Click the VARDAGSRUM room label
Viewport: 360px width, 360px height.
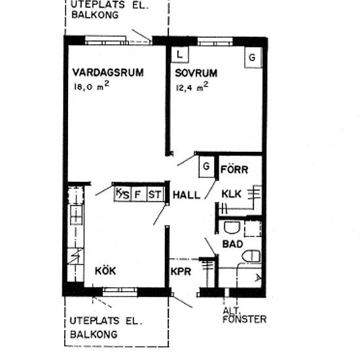pyautogui.click(x=108, y=73)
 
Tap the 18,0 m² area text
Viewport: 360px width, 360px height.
pyautogui.click(x=92, y=86)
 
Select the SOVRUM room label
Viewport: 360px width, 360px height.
pyautogui.click(x=196, y=73)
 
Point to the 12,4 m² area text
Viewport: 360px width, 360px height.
pyautogui.click(x=192, y=87)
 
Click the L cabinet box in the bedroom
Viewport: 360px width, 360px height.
pyautogui.click(x=180, y=54)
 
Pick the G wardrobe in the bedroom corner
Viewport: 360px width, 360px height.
pyautogui.click(x=253, y=57)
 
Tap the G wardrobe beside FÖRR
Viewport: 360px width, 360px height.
pyautogui.click(x=206, y=166)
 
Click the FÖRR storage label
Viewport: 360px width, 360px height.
pyautogui.click(x=234, y=170)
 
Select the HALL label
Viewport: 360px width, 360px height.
pyautogui.click(x=187, y=195)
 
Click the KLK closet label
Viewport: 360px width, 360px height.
pyautogui.click(x=231, y=194)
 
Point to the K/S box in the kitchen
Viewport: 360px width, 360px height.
pyautogui.click(x=122, y=194)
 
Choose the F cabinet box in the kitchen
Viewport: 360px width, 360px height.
pyautogui.click(x=139, y=194)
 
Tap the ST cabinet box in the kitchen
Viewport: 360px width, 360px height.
pyautogui.click(x=155, y=194)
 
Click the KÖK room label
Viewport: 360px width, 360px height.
pyautogui.click(x=105, y=271)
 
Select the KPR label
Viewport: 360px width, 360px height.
pyautogui.click(x=181, y=272)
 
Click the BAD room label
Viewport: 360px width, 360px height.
pyautogui.click(x=232, y=244)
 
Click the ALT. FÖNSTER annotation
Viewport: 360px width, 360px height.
pyautogui.click(x=244, y=315)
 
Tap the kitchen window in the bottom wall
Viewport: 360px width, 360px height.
pyautogui.click(x=120, y=292)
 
